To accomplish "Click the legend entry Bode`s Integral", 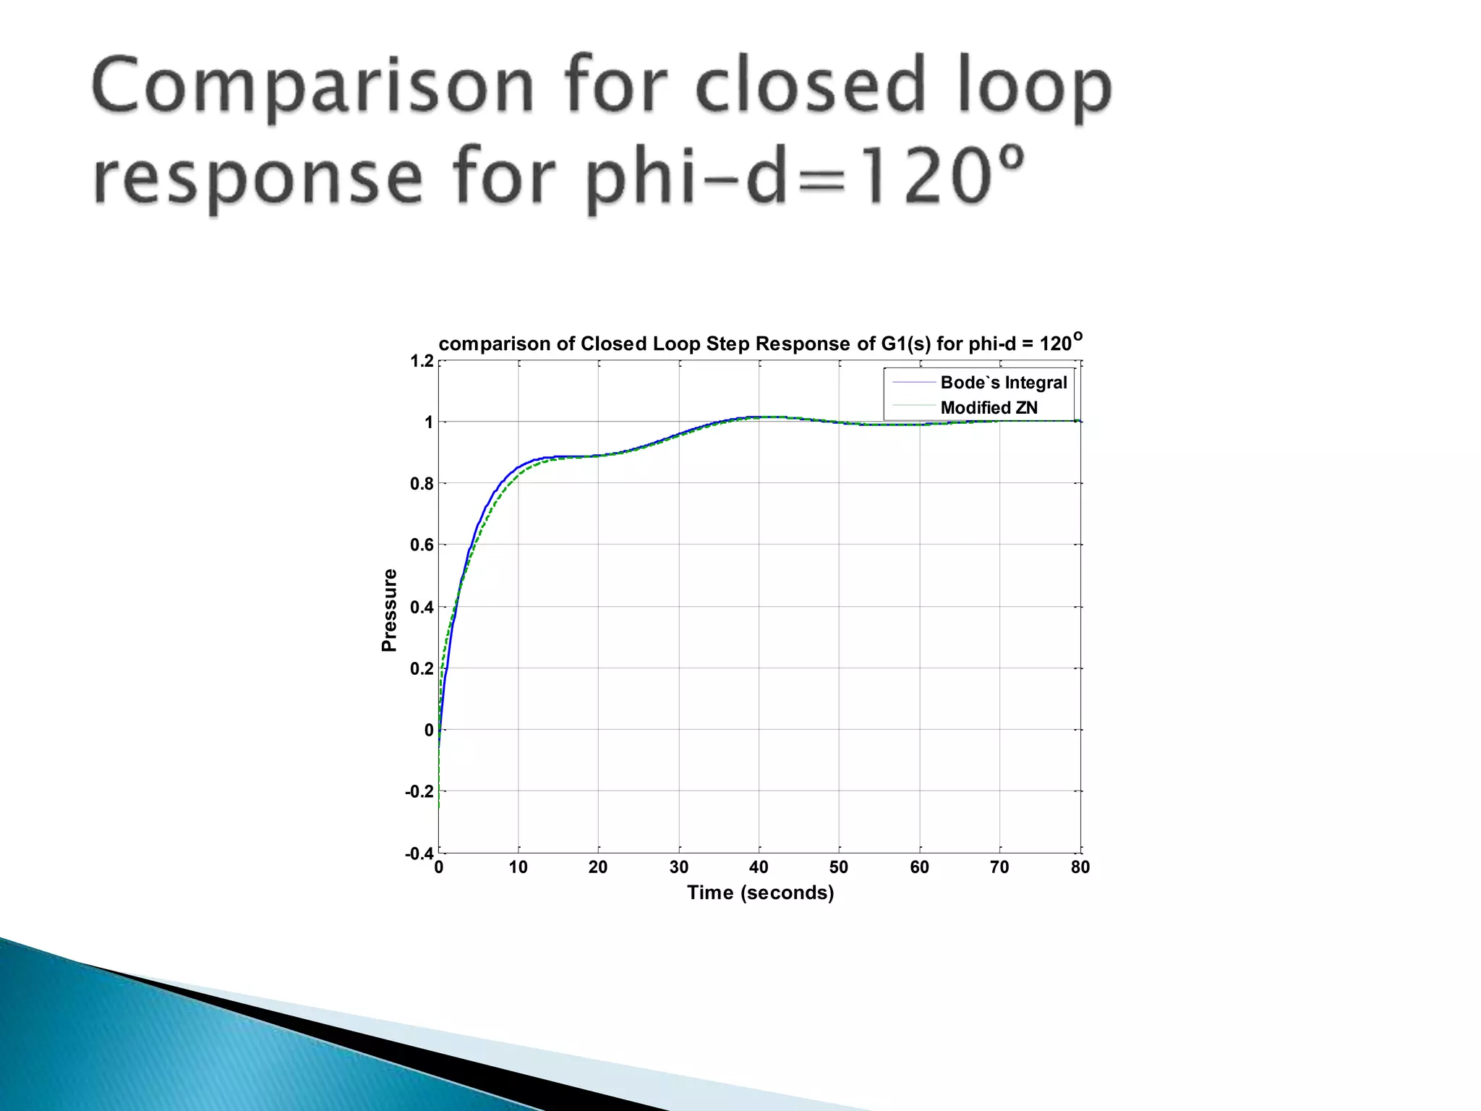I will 1003,383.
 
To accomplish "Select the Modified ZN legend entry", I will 989,408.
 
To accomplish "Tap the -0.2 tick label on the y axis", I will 420,792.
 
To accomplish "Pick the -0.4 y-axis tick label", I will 420,854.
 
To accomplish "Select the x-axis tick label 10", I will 518,867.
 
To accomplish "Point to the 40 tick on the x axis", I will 759,867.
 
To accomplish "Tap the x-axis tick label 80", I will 1080,867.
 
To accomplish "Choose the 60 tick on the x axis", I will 919,867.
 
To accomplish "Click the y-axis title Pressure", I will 390,610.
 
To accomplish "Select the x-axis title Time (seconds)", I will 760,893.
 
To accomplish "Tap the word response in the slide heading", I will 257,178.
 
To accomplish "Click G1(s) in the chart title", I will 905,344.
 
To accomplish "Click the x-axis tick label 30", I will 678,867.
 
